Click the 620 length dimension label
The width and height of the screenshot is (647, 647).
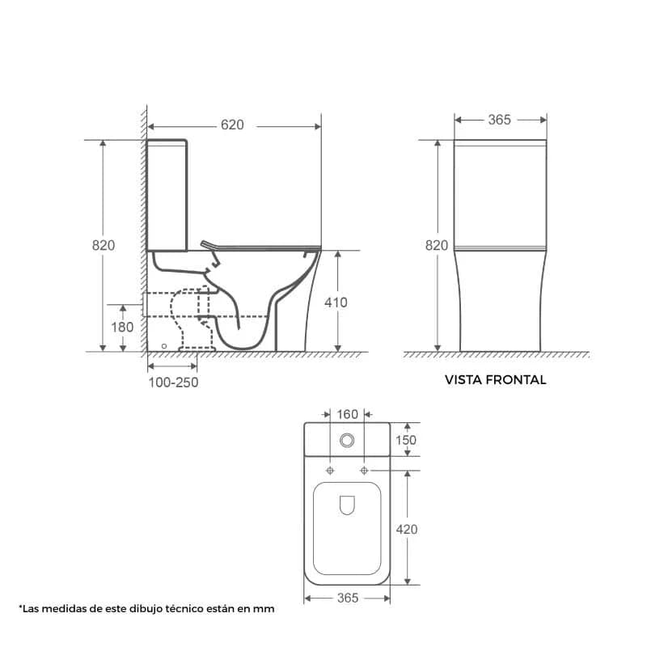tap(232, 125)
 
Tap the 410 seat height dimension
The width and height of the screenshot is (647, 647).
tap(336, 302)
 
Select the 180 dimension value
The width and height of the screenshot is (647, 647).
tap(122, 328)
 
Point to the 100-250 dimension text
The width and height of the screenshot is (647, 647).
tap(173, 383)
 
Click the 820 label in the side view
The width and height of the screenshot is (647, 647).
tap(104, 245)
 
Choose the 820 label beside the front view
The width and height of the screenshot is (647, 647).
tap(437, 246)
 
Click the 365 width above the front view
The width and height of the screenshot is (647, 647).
tap(499, 120)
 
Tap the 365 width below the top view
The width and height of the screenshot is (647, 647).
tap(348, 598)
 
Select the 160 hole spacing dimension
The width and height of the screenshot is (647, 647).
tap(348, 414)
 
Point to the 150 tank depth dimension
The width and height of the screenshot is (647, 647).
tap(406, 440)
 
